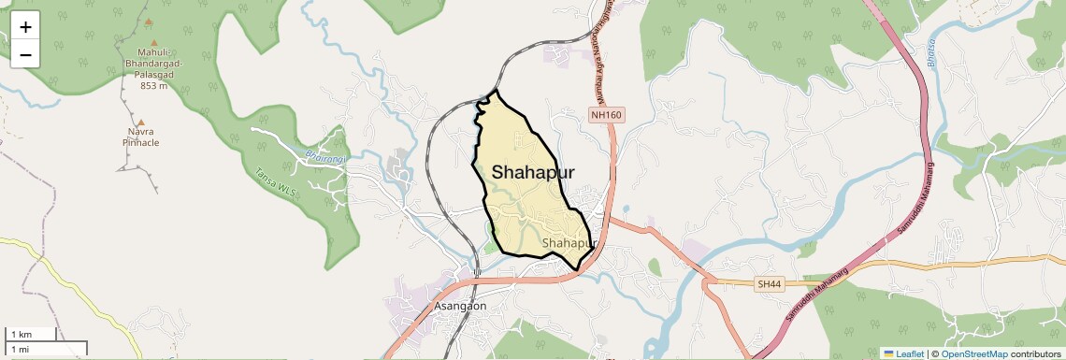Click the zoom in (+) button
[25, 27]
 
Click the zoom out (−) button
[25, 55]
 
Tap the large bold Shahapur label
[533, 172]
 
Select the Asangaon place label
[461, 306]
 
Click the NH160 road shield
[606, 115]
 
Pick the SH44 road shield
[769, 283]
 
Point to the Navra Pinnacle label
[140, 137]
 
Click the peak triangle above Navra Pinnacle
[140, 122]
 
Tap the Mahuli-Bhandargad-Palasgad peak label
[153, 68]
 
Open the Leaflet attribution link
[903, 353]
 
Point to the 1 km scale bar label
[21, 335]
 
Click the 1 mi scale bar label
[20, 349]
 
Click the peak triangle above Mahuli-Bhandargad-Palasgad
[148, 21]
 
